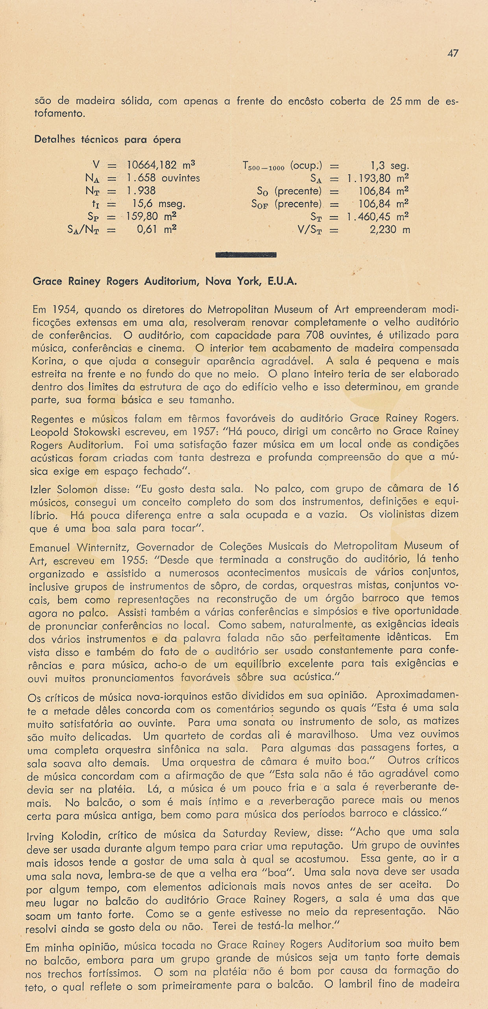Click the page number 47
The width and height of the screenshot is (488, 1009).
click(453, 53)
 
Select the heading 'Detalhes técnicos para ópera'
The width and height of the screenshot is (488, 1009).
click(107, 139)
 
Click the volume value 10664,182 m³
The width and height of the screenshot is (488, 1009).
click(161, 165)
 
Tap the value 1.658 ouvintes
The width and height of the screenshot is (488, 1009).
click(163, 178)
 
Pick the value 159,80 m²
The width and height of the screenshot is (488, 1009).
click(151, 217)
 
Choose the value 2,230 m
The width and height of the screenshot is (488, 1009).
click(390, 230)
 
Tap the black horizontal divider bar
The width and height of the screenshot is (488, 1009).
click(246, 255)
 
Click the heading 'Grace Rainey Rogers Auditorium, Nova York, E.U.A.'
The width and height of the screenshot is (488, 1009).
click(165, 282)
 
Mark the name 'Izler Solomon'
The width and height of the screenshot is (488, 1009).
click(64, 490)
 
